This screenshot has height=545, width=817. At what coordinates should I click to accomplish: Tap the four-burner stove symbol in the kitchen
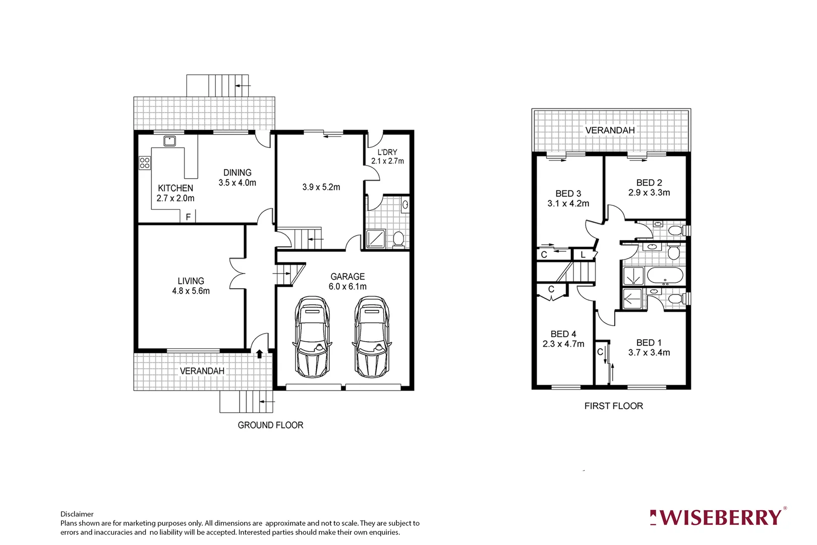click(x=145, y=162)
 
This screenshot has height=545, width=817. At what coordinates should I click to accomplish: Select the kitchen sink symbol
click(x=169, y=141)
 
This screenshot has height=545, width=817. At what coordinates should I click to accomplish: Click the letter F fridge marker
click(x=188, y=217)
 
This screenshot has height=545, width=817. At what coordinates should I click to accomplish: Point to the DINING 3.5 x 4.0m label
click(x=237, y=178)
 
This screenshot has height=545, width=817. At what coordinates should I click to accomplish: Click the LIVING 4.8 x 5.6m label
click(x=191, y=286)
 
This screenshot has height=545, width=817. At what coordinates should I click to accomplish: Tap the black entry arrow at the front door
click(x=259, y=354)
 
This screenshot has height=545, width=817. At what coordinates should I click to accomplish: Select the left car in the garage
click(x=312, y=337)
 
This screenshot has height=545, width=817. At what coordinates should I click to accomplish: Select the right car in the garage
click(x=372, y=337)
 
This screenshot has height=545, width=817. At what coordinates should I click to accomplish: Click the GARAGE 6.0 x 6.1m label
click(x=347, y=282)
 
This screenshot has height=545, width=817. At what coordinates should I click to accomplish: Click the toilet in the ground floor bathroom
click(x=398, y=239)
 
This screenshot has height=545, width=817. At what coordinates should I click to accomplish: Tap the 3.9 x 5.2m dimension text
click(x=321, y=187)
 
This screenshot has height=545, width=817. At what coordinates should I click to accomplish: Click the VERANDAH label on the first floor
click(x=610, y=130)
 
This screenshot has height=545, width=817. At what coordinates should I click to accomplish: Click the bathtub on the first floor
click(x=665, y=277)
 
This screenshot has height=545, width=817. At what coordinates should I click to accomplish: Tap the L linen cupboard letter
click(x=583, y=255)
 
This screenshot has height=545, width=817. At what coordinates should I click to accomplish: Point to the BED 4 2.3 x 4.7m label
click(x=563, y=339)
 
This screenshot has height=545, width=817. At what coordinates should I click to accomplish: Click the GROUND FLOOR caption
click(x=270, y=425)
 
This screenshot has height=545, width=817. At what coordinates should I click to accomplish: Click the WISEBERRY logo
click(x=718, y=518)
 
